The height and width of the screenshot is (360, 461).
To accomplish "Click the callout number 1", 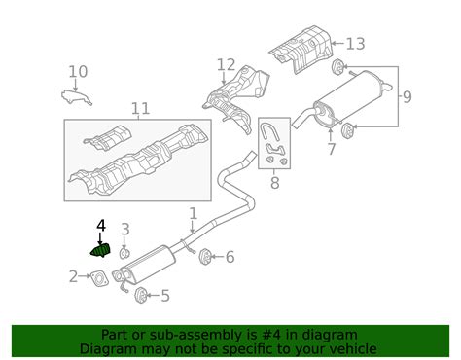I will (x=193, y=213).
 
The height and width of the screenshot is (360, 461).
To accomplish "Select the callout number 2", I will (x=73, y=277).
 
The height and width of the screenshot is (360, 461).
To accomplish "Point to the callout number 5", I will (x=164, y=296).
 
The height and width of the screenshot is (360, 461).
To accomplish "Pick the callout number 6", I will (x=230, y=257).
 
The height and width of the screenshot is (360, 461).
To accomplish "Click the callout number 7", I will (x=332, y=149).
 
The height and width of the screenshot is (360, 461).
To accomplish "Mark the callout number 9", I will (x=407, y=96).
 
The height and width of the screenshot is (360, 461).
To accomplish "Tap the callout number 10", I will (x=78, y=71).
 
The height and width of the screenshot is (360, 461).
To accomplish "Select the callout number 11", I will (x=140, y=108).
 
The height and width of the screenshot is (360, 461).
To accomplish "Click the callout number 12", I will (x=226, y=65).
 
